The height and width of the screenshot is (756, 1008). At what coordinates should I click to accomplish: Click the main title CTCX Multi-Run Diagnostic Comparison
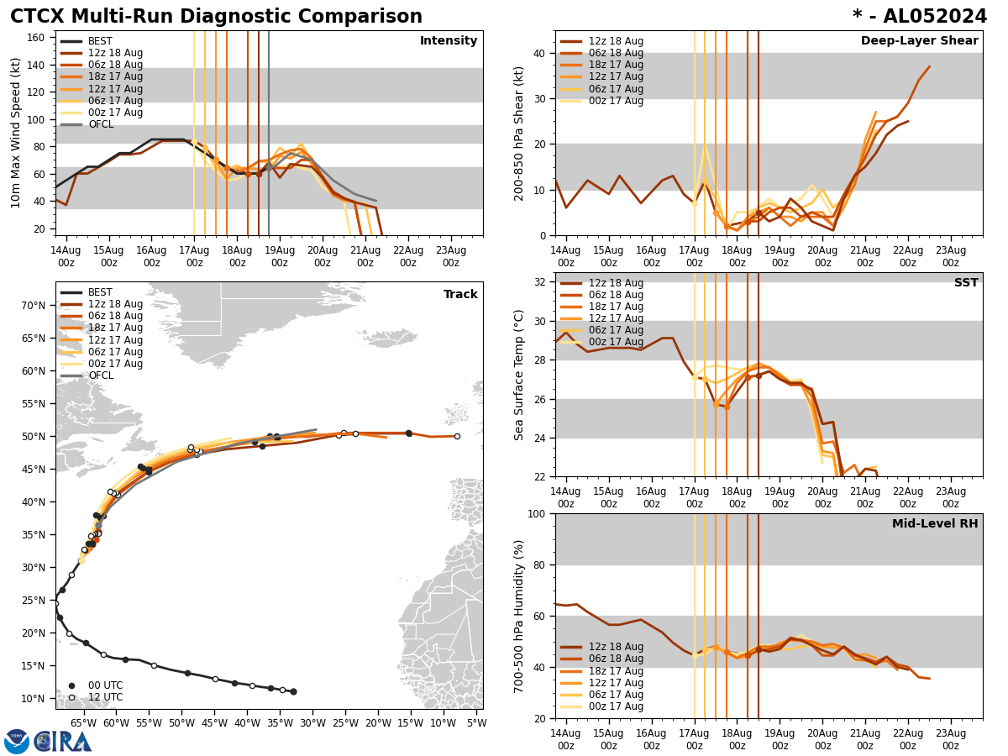(x=216, y=17)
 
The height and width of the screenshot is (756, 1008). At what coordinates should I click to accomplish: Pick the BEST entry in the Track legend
(x=100, y=292)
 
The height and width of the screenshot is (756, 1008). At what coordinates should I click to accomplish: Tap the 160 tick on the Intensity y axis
(x=38, y=38)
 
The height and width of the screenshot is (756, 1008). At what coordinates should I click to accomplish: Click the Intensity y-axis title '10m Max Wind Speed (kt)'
(x=16, y=133)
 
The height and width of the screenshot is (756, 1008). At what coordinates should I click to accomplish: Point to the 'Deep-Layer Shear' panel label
(x=919, y=41)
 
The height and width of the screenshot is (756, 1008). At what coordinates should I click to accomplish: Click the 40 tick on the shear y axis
(x=539, y=53)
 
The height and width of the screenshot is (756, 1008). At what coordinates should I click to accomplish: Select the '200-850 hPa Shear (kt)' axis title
(x=520, y=133)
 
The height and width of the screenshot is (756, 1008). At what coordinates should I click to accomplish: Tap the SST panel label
(x=965, y=283)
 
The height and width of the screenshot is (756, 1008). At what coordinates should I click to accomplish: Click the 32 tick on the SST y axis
(x=539, y=282)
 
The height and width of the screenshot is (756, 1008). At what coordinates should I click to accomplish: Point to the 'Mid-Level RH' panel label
(x=935, y=524)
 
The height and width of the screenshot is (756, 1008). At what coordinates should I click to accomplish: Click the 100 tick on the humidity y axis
(x=536, y=513)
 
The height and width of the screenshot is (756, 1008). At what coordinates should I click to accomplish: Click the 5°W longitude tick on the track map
(x=475, y=722)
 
